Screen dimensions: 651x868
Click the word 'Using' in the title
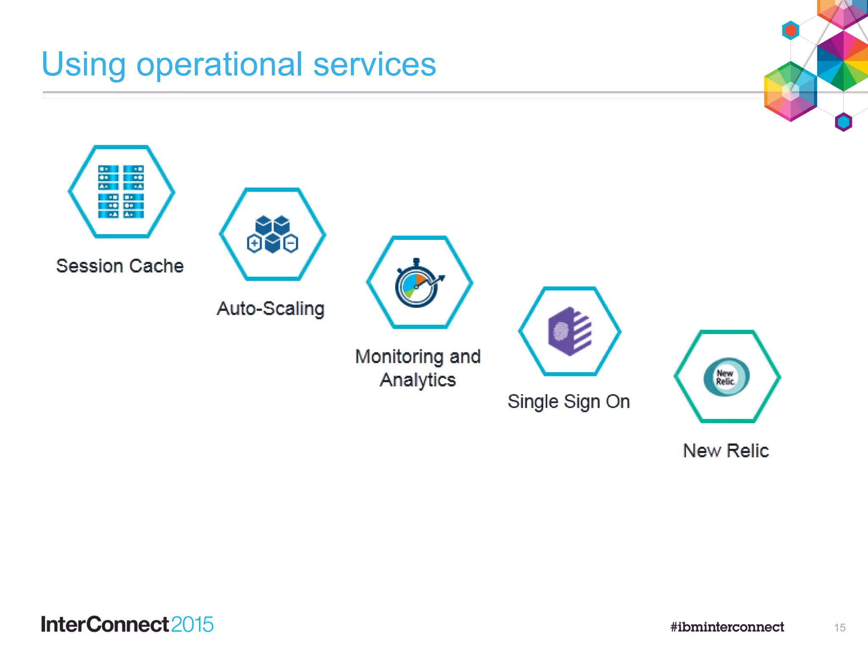83,64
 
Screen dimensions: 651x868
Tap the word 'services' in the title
375,64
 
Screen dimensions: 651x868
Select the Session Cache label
120,266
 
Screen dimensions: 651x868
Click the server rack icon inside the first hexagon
121,192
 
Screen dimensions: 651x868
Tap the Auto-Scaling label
271,309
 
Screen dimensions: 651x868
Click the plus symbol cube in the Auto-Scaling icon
254,244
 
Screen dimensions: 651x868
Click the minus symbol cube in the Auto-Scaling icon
291,244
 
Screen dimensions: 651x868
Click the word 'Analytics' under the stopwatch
418,380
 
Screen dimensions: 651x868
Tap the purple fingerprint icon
569,331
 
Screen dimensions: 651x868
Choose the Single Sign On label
569,401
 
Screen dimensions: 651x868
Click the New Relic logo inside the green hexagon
726,377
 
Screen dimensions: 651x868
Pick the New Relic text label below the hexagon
726,451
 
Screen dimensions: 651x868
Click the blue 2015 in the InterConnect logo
192,625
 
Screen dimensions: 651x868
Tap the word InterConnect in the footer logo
105,625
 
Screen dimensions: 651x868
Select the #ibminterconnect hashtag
727,627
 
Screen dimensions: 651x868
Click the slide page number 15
840,628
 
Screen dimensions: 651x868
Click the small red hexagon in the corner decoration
790,31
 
